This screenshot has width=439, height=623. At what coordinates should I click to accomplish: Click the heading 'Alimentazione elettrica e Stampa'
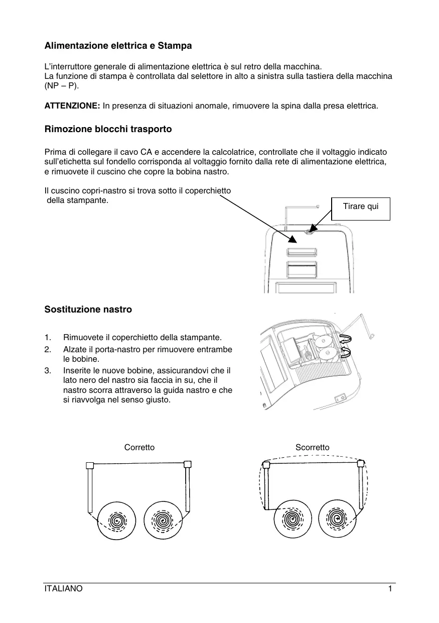click(118, 46)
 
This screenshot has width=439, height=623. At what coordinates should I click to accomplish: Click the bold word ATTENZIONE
click(72, 106)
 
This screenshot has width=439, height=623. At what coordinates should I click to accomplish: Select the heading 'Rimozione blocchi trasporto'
click(108, 129)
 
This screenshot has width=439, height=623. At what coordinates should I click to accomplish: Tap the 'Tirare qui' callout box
click(361, 206)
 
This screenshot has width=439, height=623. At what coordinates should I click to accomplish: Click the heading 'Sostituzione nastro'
click(88, 309)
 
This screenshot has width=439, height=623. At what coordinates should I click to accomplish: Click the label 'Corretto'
click(139, 447)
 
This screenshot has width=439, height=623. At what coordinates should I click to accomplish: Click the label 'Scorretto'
click(313, 447)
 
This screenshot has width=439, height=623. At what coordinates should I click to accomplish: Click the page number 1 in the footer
click(390, 589)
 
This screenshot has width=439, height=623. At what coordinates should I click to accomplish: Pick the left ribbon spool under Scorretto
click(290, 520)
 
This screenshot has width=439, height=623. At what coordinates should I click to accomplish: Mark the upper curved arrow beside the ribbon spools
click(346, 339)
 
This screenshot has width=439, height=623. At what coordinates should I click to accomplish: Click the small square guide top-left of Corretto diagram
click(90, 465)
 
